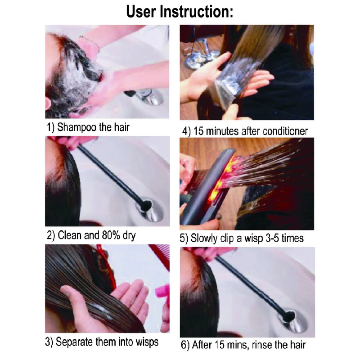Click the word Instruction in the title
(196, 12)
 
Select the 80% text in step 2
(110, 235)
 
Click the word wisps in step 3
(147, 342)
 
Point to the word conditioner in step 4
(285, 131)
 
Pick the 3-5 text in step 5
(273, 238)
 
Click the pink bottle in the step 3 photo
(163, 293)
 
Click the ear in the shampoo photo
(48, 105)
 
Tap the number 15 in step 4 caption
(199, 131)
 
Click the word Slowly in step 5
(204, 238)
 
